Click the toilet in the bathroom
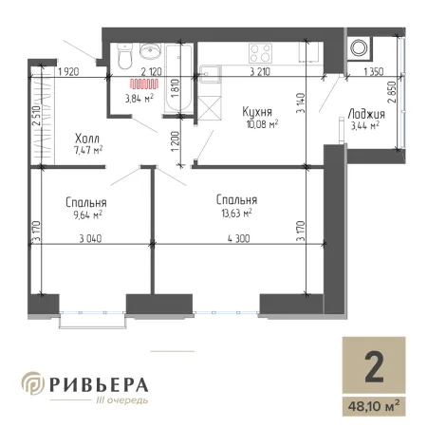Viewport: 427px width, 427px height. pyautogui.click(x=124, y=56)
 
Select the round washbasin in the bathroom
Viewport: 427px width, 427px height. pyautogui.click(x=151, y=51)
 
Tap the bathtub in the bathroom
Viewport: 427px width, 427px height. pyautogui.click(x=178, y=78)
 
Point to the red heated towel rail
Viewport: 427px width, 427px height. pyautogui.click(x=144, y=84)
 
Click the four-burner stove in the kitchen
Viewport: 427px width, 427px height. pyautogui.click(x=260, y=53)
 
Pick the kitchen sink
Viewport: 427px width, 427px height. pyautogui.click(x=210, y=74)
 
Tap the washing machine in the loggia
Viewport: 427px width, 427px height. pyautogui.click(x=360, y=48)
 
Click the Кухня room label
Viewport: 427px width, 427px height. pyautogui.click(x=257, y=112)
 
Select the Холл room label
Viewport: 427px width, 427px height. pyautogui.click(x=87, y=139)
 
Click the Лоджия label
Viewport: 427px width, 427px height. pyautogui.click(x=366, y=114)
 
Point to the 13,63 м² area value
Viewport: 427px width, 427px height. pyautogui.click(x=236, y=213)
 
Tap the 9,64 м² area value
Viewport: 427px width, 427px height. pyautogui.click(x=87, y=215)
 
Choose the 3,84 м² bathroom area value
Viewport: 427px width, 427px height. pyautogui.click(x=139, y=99)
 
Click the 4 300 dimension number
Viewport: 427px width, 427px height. pyautogui.click(x=238, y=238)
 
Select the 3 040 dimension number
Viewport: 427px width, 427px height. pyautogui.click(x=90, y=238)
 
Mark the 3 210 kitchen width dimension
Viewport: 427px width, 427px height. pyautogui.click(x=260, y=72)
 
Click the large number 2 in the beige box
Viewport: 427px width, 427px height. pyautogui.click(x=374, y=367)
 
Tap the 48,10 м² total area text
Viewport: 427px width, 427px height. pyautogui.click(x=374, y=406)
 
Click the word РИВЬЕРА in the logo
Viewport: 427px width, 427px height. pyautogui.click(x=99, y=384)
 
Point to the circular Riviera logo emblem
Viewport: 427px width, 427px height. pyautogui.click(x=33, y=383)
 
